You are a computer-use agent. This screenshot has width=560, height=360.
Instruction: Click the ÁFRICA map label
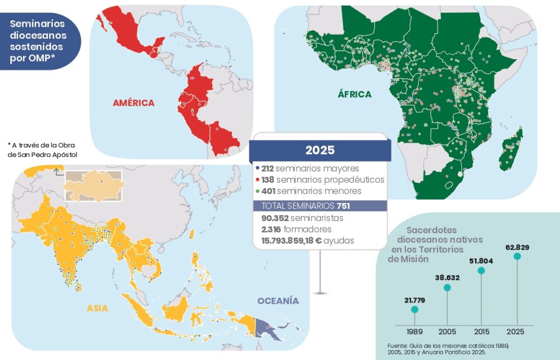click(354, 94)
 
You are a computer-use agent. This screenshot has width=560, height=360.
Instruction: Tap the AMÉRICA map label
click(133, 102)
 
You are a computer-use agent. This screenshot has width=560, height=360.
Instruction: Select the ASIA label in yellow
click(97, 308)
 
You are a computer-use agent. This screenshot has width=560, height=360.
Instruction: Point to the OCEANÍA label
click(278, 301)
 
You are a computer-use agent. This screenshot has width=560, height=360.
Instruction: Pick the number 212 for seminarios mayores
click(267, 169)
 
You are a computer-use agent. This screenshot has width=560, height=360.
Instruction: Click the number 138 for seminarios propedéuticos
click(267, 179)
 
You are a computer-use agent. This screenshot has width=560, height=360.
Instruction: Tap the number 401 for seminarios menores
click(267, 191)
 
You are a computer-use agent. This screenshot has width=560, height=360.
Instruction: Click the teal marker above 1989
click(414, 310)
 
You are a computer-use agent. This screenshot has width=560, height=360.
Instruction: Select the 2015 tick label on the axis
click(481, 332)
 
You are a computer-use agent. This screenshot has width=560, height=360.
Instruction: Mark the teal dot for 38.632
click(447, 288)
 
